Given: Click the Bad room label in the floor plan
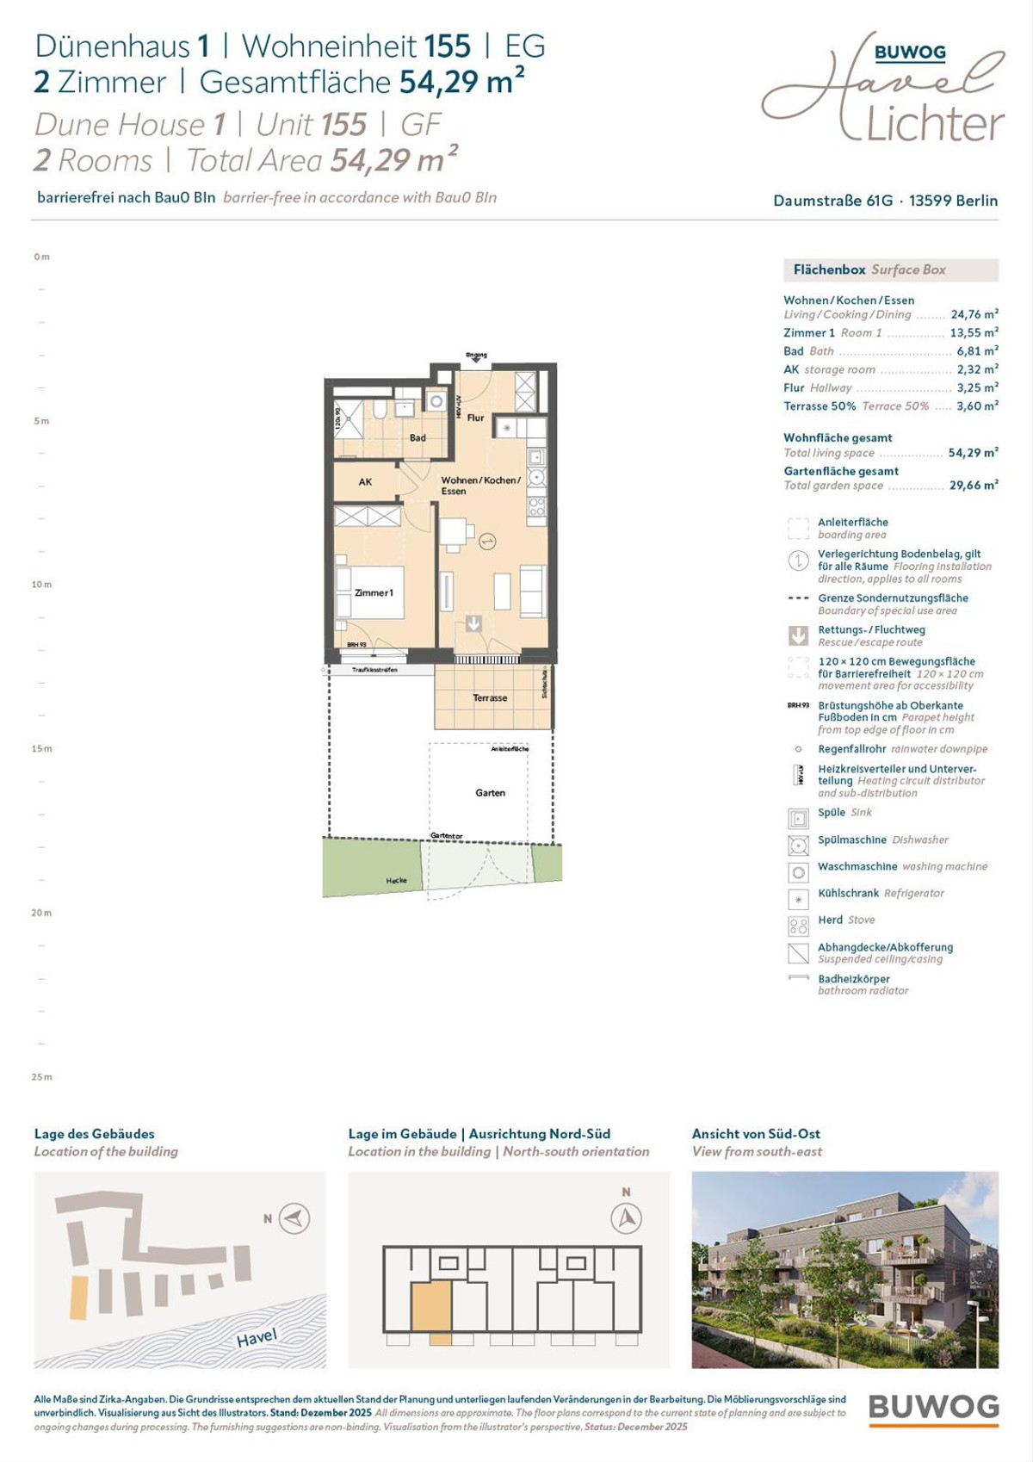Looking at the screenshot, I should point(418,437).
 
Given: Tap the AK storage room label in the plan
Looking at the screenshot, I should point(365,482).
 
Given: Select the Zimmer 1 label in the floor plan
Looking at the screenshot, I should point(374,592).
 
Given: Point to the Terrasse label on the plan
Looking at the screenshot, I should point(490,697).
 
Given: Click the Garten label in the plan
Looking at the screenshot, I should point(490,792).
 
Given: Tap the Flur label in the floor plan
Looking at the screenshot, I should point(475,418).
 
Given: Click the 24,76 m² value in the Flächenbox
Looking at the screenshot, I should point(974,314).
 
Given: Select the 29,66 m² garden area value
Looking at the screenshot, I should point(973,486).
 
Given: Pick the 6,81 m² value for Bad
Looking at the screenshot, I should point(977,351).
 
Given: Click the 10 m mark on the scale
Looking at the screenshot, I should point(41,585).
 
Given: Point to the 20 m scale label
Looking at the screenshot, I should point(41,913).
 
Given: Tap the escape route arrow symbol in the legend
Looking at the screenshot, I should point(798,635).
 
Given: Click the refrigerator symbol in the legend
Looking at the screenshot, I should point(798,899).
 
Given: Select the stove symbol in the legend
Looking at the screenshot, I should point(798,926).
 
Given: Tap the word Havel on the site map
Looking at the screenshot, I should point(257,1337).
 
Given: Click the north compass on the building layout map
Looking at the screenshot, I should point(626,1218).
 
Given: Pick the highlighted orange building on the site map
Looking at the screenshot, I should point(78,1298).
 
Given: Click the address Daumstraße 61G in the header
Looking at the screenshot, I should point(832,201).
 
